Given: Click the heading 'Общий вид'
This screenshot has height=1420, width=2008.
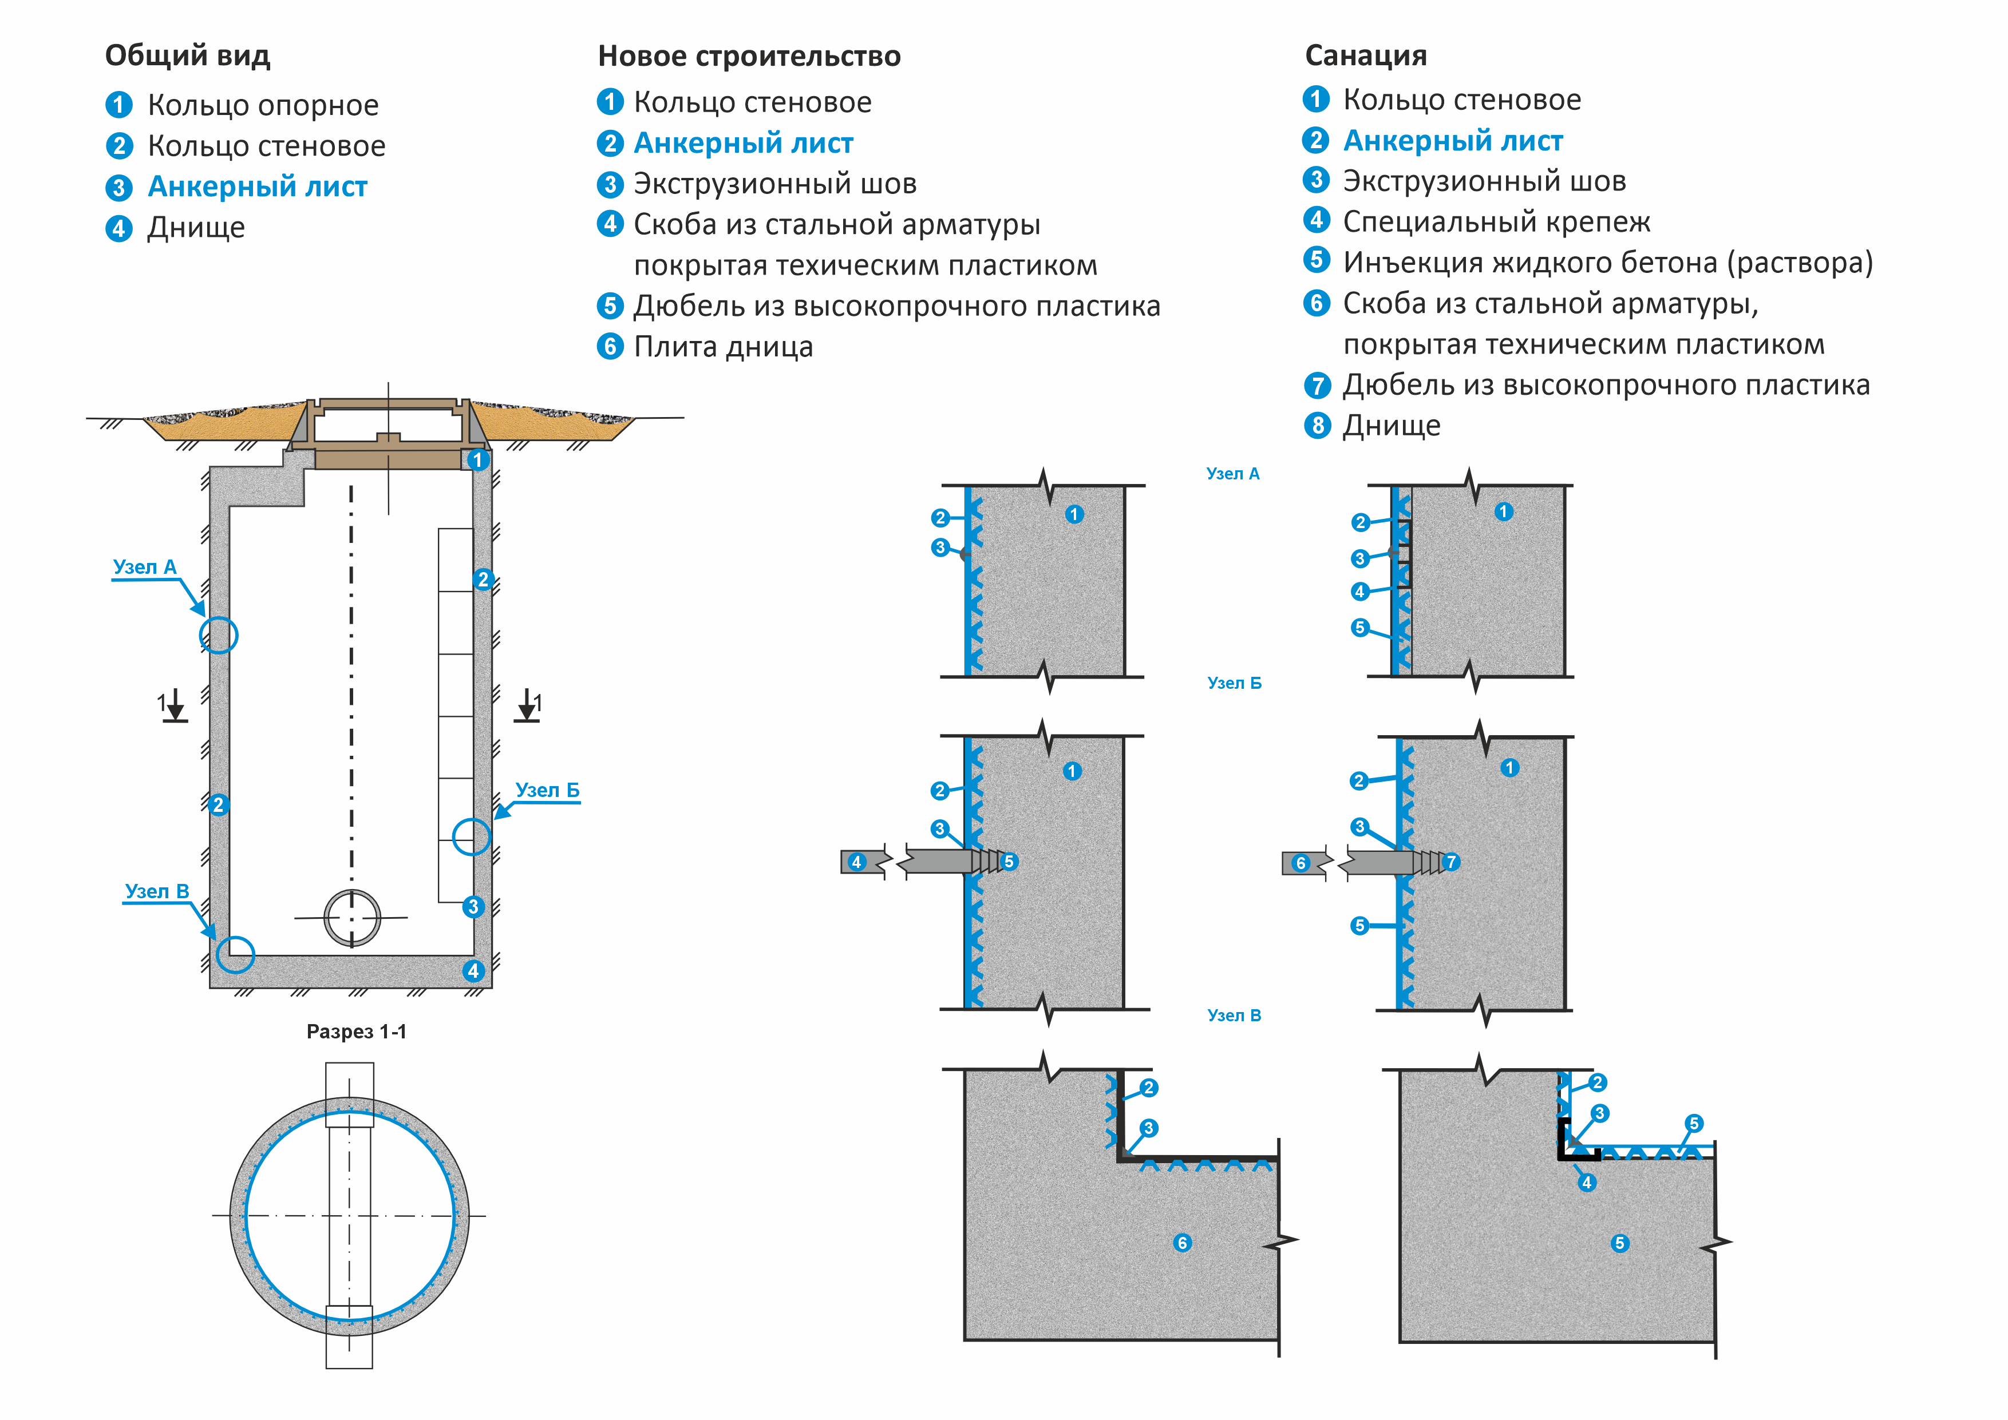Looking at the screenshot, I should [187, 56].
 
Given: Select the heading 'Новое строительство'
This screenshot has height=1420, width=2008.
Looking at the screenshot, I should [749, 57].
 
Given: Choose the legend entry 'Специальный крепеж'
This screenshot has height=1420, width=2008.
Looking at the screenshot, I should [1496, 222].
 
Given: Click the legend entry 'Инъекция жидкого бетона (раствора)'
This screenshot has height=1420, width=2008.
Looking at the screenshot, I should [1607, 262].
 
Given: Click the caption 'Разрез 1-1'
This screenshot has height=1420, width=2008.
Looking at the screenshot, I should [356, 1032].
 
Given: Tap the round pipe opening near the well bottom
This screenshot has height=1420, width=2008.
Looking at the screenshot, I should [353, 918].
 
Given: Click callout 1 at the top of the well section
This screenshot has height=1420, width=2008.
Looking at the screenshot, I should [477, 460].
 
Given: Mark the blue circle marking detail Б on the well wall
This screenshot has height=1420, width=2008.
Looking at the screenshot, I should [472, 837].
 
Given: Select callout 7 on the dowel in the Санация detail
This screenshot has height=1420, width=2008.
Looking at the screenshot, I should [1451, 862].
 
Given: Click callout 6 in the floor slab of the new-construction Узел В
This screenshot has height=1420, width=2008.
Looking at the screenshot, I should [1183, 1243].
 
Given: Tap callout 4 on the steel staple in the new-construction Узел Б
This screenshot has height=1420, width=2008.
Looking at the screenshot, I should [856, 862].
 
